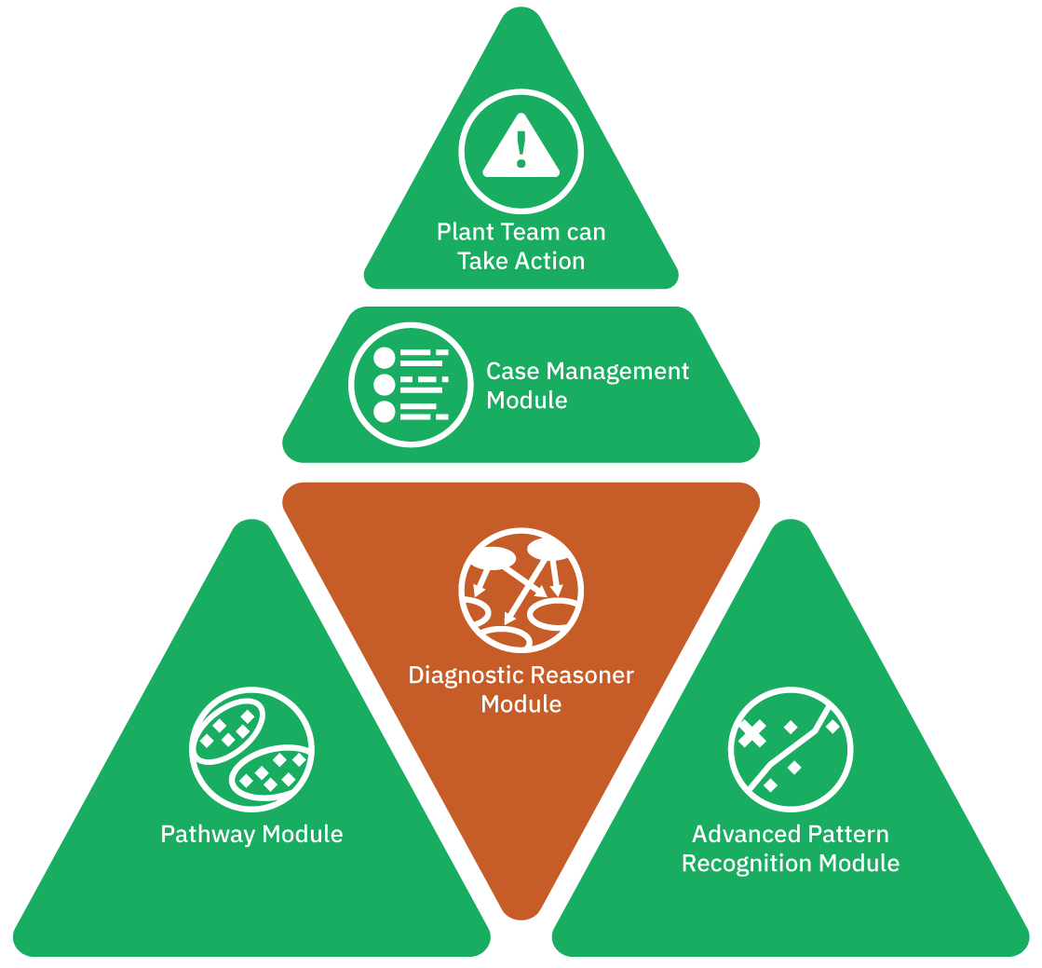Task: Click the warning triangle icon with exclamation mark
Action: [521, 151]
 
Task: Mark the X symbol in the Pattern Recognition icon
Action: [752, 735]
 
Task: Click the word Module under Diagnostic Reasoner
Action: [521, 704]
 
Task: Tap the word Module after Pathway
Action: [301, 834]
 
